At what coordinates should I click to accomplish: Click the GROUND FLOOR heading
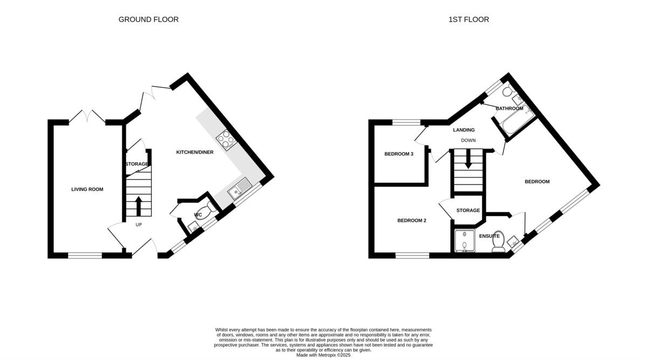tap(148, 19)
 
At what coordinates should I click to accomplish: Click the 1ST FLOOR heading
tap(469, 19)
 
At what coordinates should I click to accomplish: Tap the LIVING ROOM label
tap(87, 189)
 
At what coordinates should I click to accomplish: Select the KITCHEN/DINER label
tap(195, 153)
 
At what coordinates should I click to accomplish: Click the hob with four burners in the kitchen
tap(226, 139)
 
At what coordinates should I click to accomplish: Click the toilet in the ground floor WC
tap(208, 209)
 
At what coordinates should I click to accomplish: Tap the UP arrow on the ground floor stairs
tap(139, 206)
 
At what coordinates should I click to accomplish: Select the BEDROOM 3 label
tap(398, 154)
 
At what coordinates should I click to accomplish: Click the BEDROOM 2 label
tap(412, 220)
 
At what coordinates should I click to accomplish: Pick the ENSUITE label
tap(489, 236)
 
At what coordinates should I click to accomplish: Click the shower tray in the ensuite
tap(464, 241)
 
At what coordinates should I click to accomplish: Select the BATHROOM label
tap(509, 108)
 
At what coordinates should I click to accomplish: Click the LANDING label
tap(464, 130)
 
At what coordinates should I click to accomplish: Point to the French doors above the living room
tap(87, 117)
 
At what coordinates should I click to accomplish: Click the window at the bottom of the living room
tap(85, 255)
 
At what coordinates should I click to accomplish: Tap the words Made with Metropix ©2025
tap(323, 355)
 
